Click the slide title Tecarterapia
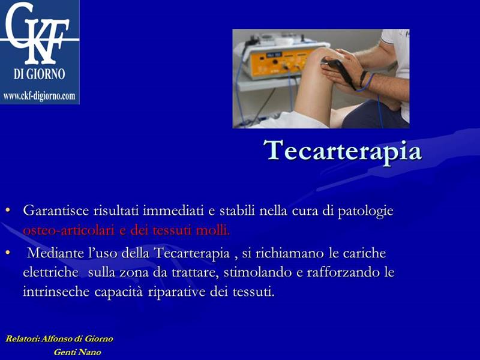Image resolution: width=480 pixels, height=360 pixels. (343, 151)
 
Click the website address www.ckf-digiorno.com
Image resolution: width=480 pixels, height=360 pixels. (39, 96)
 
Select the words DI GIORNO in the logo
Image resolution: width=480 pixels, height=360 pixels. (39, 74)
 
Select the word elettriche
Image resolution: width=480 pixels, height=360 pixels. (50, 272)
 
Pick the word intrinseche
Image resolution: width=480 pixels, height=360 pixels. (56, 292)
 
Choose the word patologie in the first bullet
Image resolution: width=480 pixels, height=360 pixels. (365, 211)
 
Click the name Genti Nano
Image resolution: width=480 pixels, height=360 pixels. (77, 352)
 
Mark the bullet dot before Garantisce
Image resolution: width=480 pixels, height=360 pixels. (8, 211)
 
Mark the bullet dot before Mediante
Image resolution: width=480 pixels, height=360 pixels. (8, 253)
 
